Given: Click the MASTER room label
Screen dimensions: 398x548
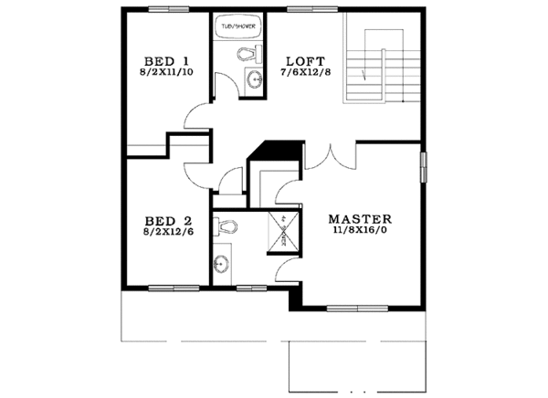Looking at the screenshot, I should pos(360,220).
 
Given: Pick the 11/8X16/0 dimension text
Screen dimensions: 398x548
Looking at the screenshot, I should pos(360,232).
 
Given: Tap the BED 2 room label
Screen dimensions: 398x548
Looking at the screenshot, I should pos(168,220).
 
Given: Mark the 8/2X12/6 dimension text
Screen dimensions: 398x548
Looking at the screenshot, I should pos(168,232).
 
